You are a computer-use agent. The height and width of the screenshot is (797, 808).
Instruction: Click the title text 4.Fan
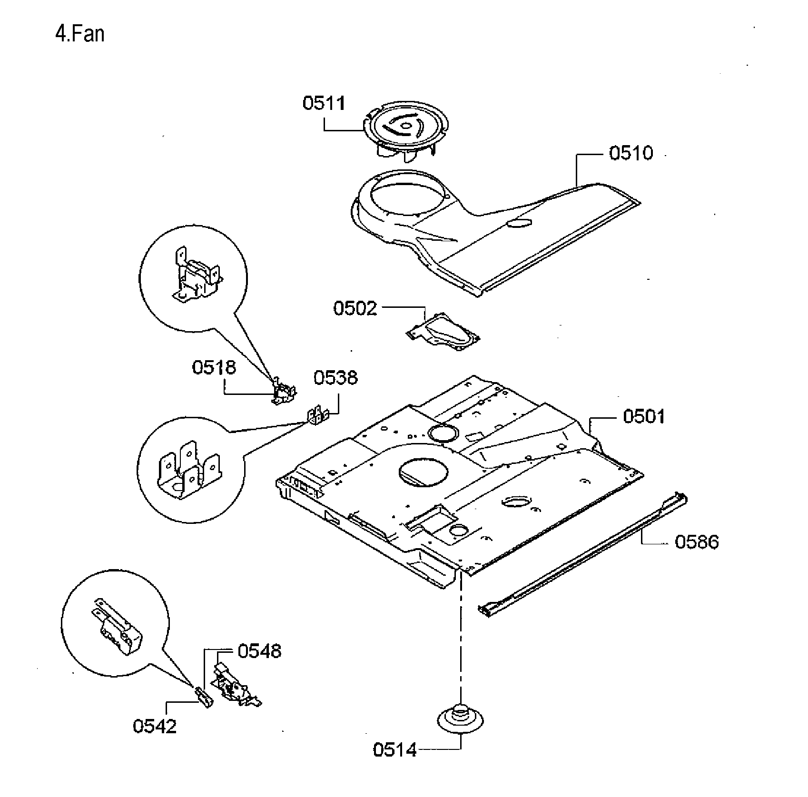(80, 34)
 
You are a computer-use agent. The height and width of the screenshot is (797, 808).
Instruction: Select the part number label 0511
(324, 103)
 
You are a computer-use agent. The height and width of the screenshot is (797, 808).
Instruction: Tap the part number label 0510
(631, 153)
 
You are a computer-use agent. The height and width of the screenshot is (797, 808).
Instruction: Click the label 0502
(355, 309)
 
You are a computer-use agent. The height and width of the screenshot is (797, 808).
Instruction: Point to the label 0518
(214, 367)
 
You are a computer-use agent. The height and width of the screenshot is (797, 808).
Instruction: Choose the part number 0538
(335, 378)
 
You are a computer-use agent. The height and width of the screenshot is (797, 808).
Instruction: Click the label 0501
(644, 417)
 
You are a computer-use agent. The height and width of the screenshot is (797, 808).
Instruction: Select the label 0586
(696, 542)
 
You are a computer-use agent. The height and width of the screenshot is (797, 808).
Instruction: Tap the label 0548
(259, 651)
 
